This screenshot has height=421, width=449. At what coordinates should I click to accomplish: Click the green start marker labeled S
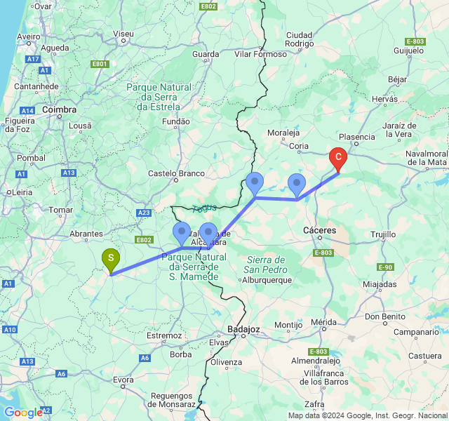[x=110, y=259]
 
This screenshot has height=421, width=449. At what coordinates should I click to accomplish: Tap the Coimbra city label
[x=58, y=109]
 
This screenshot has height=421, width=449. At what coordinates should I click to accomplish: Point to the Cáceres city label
[x=319, y=229]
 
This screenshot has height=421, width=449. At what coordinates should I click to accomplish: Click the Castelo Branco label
[x=176, y=173]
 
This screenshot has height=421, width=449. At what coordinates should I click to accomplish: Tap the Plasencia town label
[x=357, y=137]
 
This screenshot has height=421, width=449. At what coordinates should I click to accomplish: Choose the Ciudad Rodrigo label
[x=300, y=39]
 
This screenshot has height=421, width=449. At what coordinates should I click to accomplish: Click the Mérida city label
[x=324, y=322]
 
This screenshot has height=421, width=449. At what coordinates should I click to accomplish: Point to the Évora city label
[x=123, y=380]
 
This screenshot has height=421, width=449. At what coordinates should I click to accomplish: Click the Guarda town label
[x=206, y=53]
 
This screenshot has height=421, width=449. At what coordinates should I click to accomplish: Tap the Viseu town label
[x=123, y=33]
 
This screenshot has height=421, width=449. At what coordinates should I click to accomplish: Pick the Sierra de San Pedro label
[x=267, y=265]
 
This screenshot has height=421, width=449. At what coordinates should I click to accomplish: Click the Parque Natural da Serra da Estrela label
[x=159, y=96]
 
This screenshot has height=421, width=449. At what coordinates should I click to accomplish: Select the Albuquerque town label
[x=267, y=280]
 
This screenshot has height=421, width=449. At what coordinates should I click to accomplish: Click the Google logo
[x=22, y=413]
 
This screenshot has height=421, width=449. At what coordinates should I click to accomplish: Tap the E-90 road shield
[x=385, y=267]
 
